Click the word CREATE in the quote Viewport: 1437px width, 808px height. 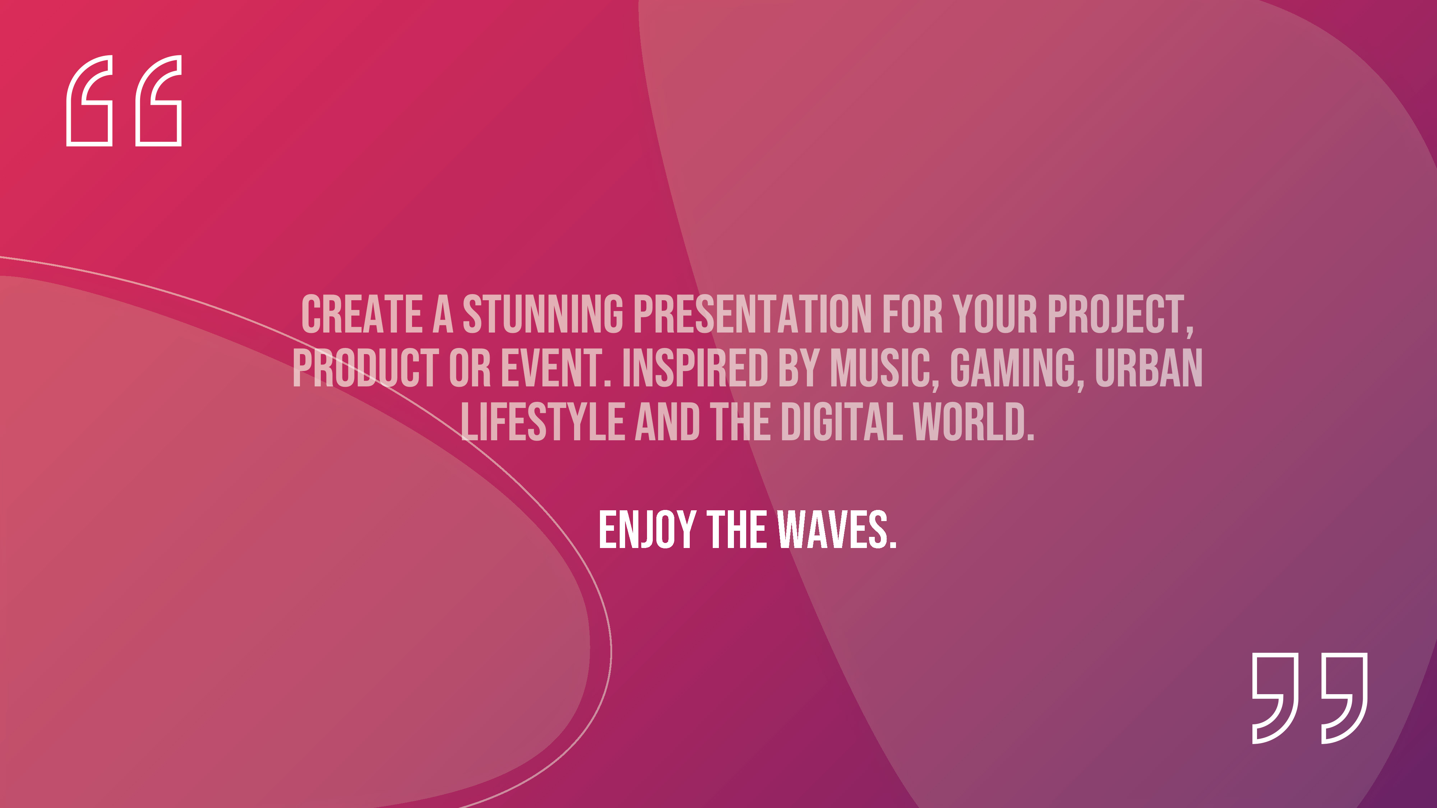[361, 315]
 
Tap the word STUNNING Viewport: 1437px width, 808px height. [543, 315]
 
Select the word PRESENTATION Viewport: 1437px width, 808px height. [753, 315]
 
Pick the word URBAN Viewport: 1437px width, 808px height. [1149, 368]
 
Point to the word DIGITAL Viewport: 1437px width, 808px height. [841, 422]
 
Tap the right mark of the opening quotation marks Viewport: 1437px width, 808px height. [159, 101]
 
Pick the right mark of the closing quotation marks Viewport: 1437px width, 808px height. [1344, 698]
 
